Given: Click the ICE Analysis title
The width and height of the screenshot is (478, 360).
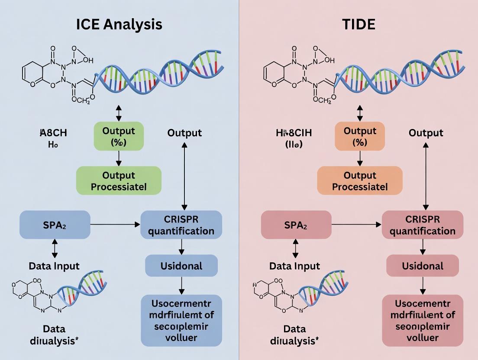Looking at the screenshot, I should [119, 24].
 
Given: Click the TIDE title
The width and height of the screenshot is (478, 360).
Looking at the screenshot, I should [358, 24].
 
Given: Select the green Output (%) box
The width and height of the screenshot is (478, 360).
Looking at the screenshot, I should [119, 136].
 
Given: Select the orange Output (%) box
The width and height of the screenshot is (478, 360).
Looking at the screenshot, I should [359, 136].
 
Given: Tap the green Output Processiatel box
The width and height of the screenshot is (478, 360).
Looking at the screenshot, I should [119, 181].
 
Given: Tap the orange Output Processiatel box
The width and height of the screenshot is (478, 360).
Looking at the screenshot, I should [359, 181].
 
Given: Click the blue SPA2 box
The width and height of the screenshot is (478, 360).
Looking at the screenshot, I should [55, 225].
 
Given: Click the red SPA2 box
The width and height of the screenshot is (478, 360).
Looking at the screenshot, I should [296, 225].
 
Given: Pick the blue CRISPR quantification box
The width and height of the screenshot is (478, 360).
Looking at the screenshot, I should [181, 225].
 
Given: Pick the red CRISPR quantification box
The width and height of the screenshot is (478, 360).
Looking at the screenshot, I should [423, 225].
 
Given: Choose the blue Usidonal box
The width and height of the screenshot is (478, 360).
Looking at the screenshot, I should [181, 265].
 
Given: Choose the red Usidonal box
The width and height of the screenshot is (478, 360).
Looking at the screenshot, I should [423, 265].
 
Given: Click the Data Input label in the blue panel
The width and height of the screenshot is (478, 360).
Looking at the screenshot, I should [54, 266].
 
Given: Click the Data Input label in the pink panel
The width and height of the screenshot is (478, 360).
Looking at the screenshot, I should [295, 266].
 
